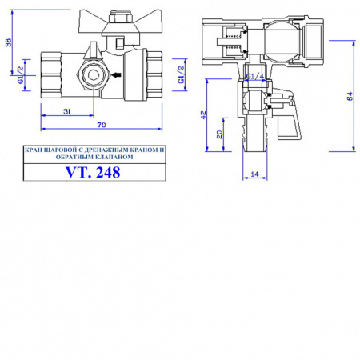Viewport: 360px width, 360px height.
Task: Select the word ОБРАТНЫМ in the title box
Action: tap(74, 158)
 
